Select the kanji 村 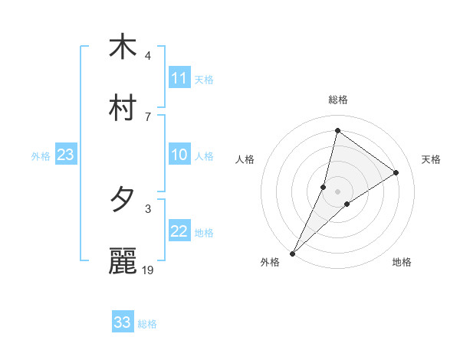[123, 108]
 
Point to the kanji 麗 [123, 261]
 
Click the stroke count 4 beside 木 [147, 56]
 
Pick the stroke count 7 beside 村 [147, 116]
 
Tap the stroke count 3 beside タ [147, 208]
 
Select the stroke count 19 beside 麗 [149, 270]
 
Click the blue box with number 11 [179, 78]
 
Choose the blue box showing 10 [179, 155]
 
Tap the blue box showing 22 [179, 231]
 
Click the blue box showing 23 [66, 155]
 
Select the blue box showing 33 [123, 322]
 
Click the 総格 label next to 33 [147, 324]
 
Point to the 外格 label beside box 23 [41, 156]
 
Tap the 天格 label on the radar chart [431, 159]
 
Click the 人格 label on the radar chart [245, 159]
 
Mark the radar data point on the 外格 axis [292, 253]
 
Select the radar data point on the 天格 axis [396, 172]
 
